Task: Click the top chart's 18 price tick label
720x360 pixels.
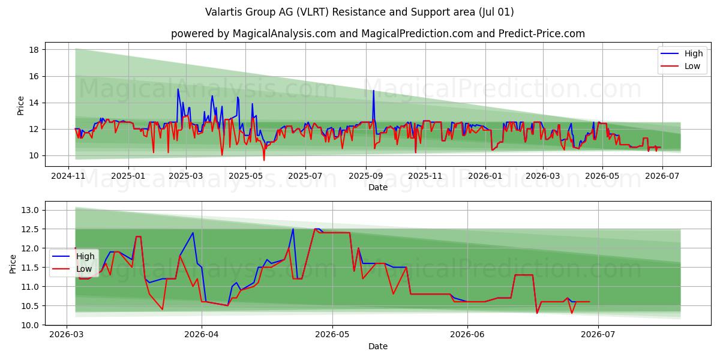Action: click(34, 50)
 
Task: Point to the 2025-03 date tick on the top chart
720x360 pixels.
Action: click(186, 176)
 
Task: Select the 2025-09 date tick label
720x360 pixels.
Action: click(366, 176)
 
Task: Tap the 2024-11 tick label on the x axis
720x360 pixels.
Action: click(68, 176)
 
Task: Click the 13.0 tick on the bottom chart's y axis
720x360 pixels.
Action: click(30, 210)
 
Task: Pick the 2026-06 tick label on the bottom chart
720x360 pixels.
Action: click(467, 335)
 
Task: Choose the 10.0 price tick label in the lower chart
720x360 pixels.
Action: click(30, 325)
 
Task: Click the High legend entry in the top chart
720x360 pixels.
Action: click(682, 53)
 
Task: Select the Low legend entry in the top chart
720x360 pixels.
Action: click(680, 66)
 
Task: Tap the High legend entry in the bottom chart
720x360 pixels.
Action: click(73, 256)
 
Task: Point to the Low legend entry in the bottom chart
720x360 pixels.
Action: click(72, 269)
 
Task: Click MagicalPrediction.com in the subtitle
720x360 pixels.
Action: click(417, 34)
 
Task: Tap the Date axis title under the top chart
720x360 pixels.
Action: click(378, 187)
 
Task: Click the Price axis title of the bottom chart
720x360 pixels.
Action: click(13, 264)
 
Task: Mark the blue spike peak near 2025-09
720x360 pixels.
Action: click(373, 91)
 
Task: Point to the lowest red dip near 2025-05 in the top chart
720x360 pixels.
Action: click(264, 160)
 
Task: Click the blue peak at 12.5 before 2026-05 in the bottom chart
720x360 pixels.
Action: click(293, 229)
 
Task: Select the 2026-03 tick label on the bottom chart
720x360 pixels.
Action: click(67, 335)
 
